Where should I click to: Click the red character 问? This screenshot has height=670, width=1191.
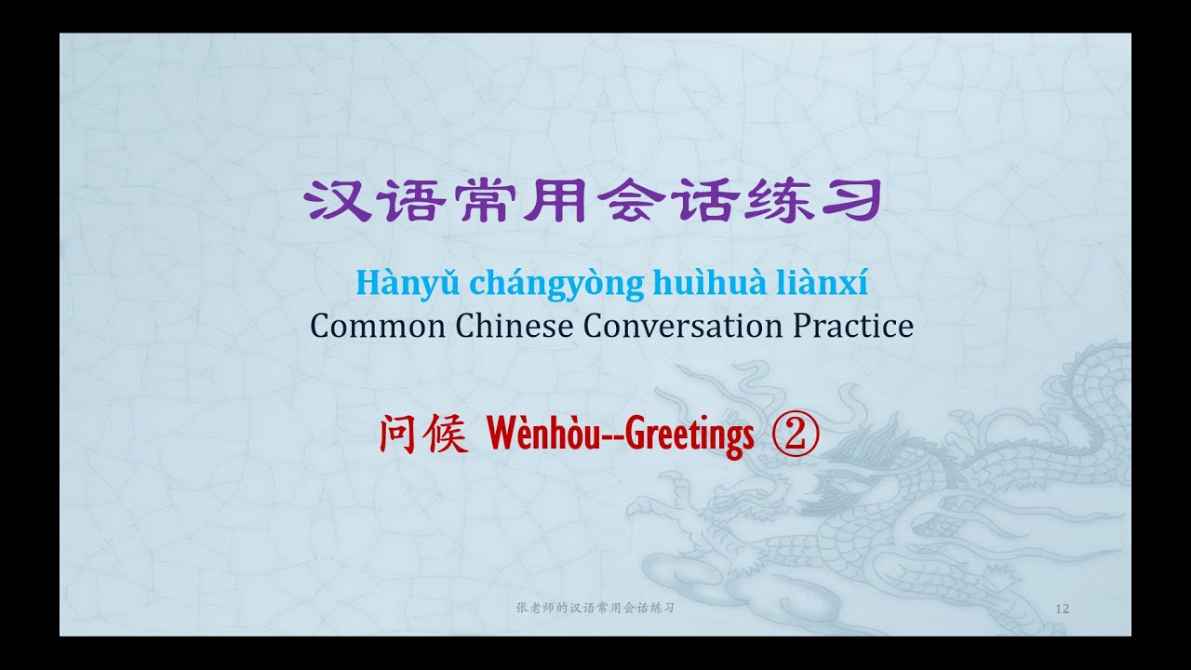(x=397, y=435)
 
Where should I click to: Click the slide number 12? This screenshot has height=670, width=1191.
(x=1063, y=609)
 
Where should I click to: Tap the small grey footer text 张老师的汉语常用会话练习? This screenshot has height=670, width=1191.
(x=595, y=608)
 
